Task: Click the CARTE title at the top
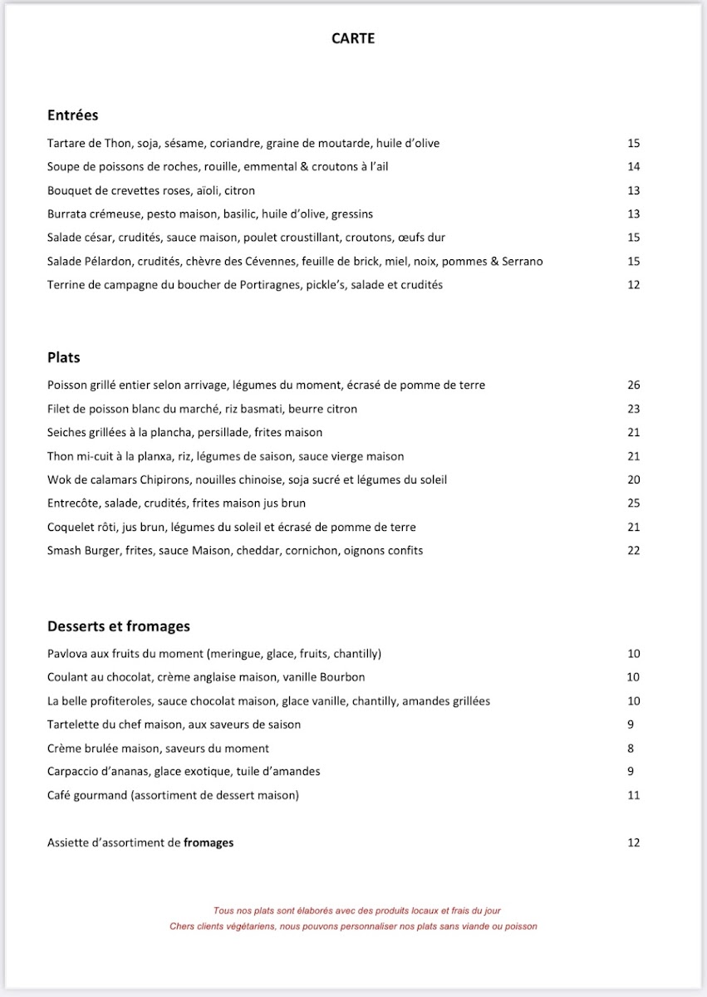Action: coord(353,38)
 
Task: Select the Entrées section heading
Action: coord(73,115)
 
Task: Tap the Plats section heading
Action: coord(64,357)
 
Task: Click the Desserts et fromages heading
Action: coord(119,626)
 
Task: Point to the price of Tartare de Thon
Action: coord(634,143)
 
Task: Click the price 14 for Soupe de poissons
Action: coord(634,166)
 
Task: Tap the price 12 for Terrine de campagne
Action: coord(634,285)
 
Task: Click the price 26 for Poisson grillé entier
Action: coord(634,385)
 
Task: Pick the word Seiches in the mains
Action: coord(67,432)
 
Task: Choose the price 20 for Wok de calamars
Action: coord(634,479)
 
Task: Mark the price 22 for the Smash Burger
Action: coord(634,550)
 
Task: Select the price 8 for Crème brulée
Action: coord(631,748)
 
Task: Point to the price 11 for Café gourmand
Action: coord(634,795)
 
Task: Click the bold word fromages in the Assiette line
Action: coord(209,842)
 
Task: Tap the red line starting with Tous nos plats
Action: coord(357,911)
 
